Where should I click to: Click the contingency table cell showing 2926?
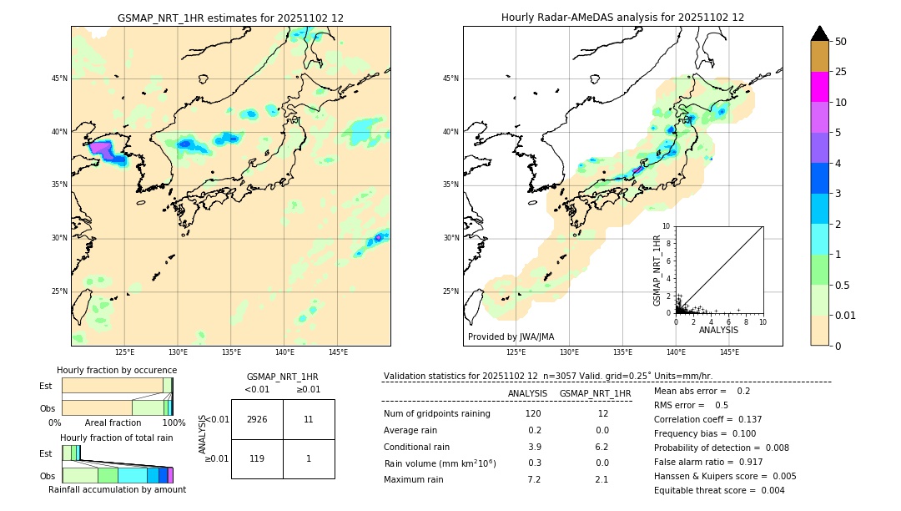tap(257, 419)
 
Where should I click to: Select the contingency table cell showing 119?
tap(257, 458)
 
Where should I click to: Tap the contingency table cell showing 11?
tap(309, 419)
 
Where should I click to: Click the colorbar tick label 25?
tap(841, 72)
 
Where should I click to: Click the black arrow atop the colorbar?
tap(820, 33)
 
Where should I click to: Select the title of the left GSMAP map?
tap(230, 18)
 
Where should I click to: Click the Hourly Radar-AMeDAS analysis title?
tap(622, 18)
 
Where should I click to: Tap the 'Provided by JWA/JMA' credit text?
tap(511, 336)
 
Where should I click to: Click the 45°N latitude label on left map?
tap(59, 78)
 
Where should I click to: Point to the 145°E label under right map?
tap(729, 352)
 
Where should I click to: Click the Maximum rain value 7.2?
tap(534, 479)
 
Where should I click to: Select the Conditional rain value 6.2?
tap(602, 447)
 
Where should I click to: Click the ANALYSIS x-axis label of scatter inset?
tap(718, 330)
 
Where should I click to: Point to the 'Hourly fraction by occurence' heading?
tap(117, 370)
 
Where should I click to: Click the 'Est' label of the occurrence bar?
tap(46, 386)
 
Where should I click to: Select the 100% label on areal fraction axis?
tap(174, 422)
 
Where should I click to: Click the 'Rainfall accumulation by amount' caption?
tap(117, 489)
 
